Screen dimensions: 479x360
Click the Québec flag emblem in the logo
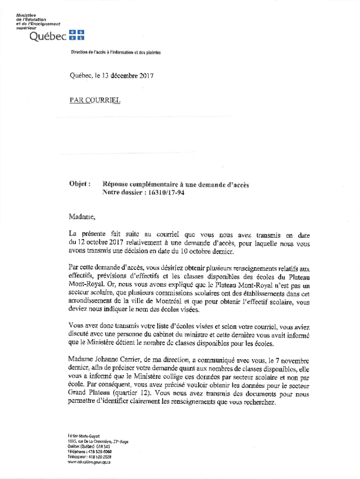coord(77,35)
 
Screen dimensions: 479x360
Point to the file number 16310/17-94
coord(162,193)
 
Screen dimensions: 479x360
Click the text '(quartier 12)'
coord(130,392)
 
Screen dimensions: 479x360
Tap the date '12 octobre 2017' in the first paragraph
coord(96,243)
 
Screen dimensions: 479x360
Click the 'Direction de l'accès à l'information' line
coord(115,52)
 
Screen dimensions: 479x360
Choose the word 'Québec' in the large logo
coord(48,36)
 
